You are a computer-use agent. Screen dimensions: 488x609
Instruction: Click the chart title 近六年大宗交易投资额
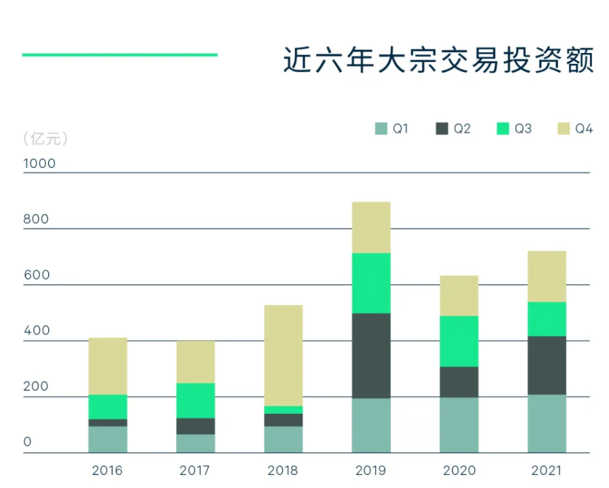[x=438, y=60]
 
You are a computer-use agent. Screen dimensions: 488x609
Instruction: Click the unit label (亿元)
[x=45, y=139]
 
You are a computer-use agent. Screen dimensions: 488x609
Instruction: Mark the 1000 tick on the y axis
[x=39, y=164]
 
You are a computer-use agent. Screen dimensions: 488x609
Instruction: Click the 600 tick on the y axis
[x=37, y=275]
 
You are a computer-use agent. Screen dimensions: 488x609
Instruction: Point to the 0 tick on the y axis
[x=28, y=442]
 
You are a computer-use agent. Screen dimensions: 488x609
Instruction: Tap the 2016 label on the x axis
[x=107, y=470]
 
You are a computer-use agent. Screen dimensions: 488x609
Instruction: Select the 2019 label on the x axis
[x=370, y=470]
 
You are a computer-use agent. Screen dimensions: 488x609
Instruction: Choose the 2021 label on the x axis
[x=546, y=470]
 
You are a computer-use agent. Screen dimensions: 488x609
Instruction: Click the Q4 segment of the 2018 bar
[x=283, y=355]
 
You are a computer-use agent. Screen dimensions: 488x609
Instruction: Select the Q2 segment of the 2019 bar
[x=371, y=355]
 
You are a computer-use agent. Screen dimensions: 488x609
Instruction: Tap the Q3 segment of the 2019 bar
[x=371, y=283]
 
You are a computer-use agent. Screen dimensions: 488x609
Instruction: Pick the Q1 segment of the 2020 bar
[x=459, y=425]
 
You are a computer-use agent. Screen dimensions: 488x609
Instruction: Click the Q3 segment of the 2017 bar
[x=196, y=400]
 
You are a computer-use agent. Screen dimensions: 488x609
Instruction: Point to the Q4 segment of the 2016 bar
[x=108, y=366]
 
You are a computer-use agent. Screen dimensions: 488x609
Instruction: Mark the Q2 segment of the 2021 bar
[x=546, y=365]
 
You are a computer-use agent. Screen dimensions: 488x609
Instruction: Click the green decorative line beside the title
[x=120, y=54]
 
